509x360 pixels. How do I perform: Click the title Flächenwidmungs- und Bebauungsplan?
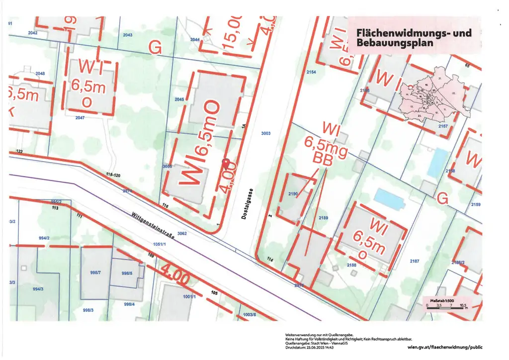click(x=414, y=38)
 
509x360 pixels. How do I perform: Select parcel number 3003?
click(x=265, y=133)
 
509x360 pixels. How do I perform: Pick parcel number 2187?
click(x=414, y=261)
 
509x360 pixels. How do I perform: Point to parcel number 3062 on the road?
click(x=181, y=233)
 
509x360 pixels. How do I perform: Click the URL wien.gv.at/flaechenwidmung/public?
click(x=444, y=347)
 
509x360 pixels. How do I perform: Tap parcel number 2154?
click(x=311, y=73)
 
